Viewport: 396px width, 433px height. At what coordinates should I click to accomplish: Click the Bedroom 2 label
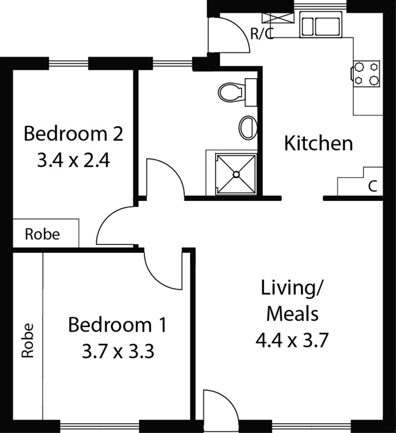click(73, 134)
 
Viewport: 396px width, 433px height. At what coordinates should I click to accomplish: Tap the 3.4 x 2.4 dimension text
click(73, 160)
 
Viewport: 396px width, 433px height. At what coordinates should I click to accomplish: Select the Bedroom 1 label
click(117, 325)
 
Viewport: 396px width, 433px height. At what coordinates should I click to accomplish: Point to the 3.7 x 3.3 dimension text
click(118, 351)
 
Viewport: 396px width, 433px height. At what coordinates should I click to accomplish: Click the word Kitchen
click(318, 143)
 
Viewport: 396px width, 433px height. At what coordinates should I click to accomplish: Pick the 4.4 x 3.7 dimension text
click(292, 340)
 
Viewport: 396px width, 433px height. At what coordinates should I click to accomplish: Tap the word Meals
click(293, 314)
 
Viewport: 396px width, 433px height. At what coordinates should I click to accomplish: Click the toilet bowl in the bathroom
click(230, 92)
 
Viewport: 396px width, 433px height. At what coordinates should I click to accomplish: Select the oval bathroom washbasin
click(247, 128)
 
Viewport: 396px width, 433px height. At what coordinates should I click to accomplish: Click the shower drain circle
click(236, 174)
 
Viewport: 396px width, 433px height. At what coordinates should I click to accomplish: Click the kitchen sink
click(320, 27)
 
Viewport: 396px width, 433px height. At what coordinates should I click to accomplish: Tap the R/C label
click(262, 34)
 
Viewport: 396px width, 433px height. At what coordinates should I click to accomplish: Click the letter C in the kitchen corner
click(373, 186)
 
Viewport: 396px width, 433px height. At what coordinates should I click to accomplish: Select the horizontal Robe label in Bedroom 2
click(42, 234)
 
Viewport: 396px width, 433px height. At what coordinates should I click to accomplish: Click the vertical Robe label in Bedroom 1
click(28, 340)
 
